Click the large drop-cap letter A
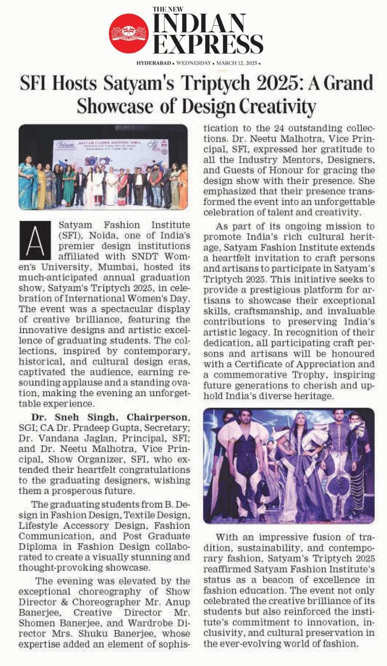pos(34,240)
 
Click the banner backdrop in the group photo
pos(109,151)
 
